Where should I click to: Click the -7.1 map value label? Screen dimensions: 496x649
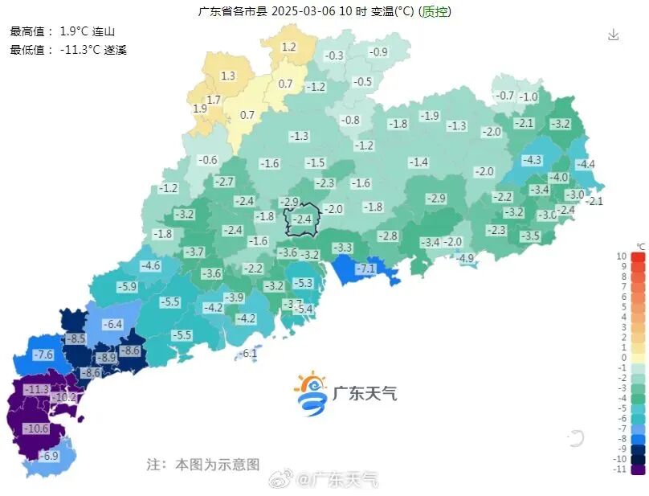point(366,268)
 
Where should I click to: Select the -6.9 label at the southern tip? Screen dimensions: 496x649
point(50,456)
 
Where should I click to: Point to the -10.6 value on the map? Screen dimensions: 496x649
point(36,428)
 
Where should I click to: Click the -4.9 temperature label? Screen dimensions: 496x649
point(465,258)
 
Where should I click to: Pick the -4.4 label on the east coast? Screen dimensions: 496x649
point(586,165)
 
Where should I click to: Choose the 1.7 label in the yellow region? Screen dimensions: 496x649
point(214,100)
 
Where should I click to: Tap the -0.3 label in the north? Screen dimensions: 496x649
point(334,55)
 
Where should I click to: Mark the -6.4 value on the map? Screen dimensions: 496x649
point(112,324)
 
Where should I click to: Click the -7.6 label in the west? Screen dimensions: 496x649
point(43,355)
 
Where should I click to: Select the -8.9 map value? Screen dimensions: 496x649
point(106,357)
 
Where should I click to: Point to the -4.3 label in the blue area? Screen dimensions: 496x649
point(533,160)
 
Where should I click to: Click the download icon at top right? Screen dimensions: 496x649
point(614,35)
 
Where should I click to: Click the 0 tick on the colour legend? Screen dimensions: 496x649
point(623,357)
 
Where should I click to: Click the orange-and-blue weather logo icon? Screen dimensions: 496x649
point(310,392)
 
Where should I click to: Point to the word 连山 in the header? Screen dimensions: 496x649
point(104,32)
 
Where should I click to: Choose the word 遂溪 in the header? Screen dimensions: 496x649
point(115,49)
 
